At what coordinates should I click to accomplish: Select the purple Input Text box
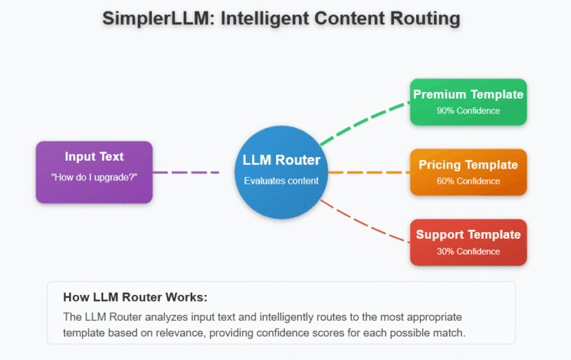point(94,171)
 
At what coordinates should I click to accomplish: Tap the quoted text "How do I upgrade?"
point(94,176)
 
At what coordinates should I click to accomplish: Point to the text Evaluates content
point(281,181)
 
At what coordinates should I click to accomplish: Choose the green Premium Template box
point(468,101)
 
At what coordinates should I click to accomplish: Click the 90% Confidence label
point(468,111)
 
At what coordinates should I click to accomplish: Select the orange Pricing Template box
point(468,172)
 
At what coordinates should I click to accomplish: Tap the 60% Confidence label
point(468,181)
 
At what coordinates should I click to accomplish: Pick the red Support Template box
point(468,242)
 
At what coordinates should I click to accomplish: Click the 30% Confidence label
point(468,251)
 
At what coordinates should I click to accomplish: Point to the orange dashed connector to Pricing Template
point(368,172)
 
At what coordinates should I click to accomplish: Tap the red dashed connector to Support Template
point(364,222)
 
